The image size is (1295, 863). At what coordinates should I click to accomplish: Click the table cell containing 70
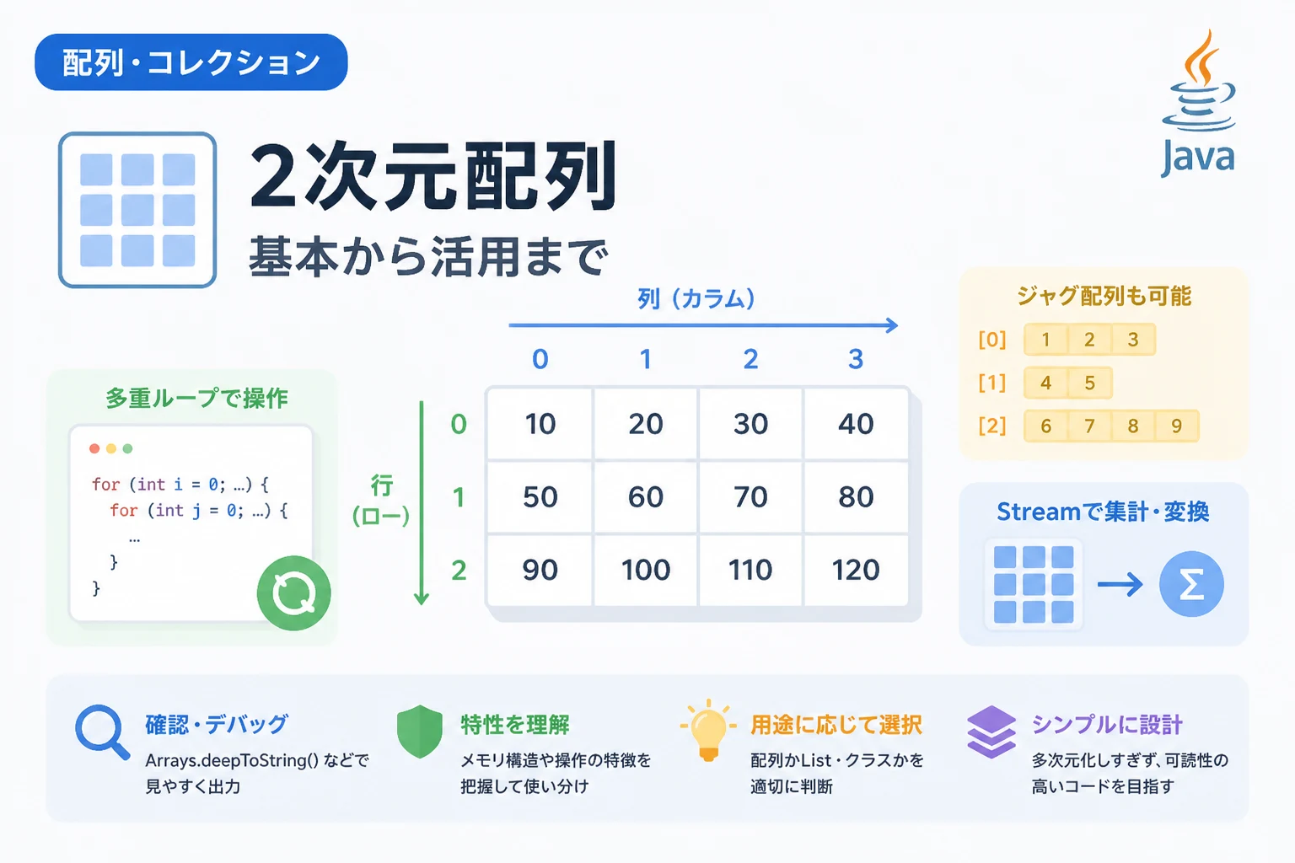click(750, 497)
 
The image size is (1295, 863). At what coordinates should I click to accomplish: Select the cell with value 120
click(856, 570)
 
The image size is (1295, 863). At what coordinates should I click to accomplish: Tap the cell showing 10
click(540, 424)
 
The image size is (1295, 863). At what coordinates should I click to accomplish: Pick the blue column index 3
click(856, 359)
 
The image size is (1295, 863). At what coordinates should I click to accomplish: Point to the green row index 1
click(459, 497)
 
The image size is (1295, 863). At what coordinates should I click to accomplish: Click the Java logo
click(1198, 103)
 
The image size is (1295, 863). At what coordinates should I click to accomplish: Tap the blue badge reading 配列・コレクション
click(191, 62)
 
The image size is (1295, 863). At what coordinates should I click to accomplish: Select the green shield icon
click(420, 732)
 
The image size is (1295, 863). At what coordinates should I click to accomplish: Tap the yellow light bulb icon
click(708, 730)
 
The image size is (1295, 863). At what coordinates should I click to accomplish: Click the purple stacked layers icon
click(991, 732)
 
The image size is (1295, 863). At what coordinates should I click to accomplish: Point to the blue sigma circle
click(1191, 584)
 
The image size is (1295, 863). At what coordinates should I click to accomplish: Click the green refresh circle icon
click(293, 593)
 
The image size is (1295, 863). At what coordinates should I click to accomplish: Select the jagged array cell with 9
click(1176, 426)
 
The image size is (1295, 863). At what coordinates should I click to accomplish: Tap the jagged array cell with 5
click(1090, 383)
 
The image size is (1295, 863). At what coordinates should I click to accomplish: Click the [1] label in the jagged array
click(992, 383)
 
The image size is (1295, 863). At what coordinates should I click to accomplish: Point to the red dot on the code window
click(94, 448)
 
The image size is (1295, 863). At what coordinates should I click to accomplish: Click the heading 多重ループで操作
click(196, 399)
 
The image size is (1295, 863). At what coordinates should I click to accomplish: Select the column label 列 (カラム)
click(696, 299)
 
